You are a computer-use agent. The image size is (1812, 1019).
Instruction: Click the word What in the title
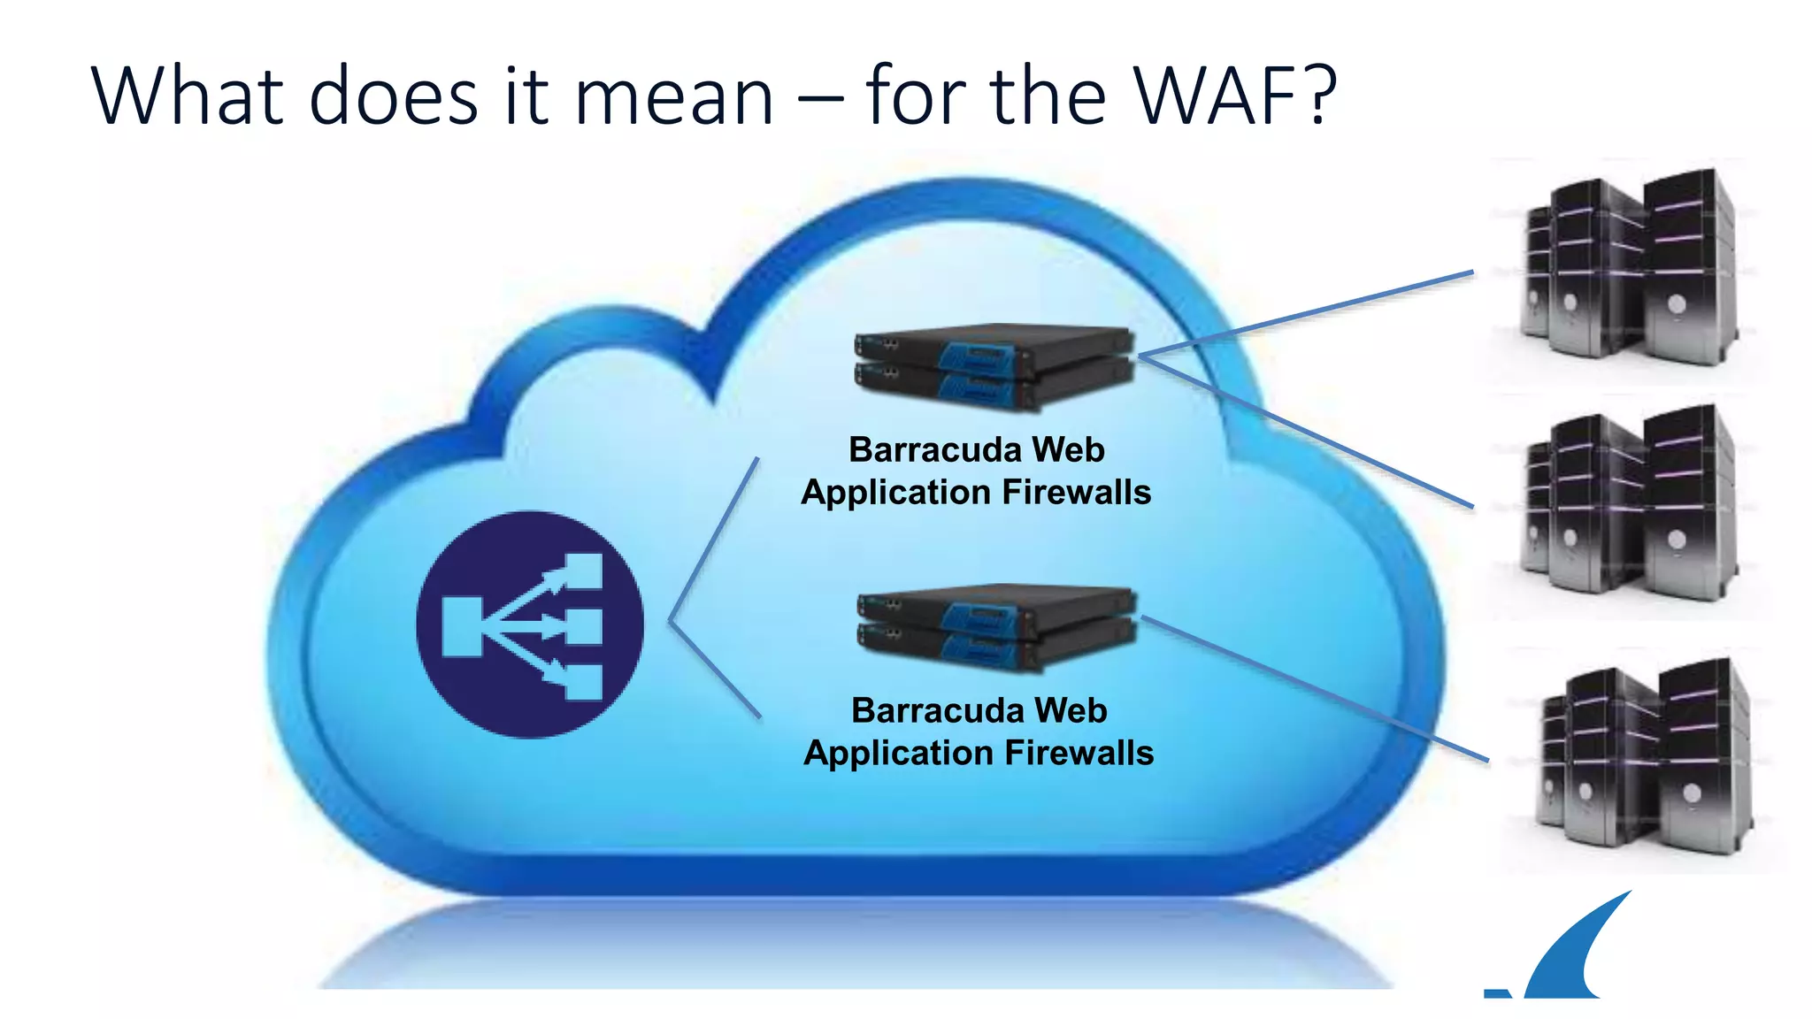187,96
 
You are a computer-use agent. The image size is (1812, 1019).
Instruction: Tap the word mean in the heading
674,99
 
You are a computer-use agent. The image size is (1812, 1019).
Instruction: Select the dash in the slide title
819,101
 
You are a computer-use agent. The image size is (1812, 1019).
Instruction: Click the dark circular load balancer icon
530,624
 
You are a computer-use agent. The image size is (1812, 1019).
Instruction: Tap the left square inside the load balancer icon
462,626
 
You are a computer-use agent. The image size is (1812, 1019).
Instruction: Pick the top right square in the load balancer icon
584,570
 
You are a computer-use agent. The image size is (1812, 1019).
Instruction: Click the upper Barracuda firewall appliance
993,366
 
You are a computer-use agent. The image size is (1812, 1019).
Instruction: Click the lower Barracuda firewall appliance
995,626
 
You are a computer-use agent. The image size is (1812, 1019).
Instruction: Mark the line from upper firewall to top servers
1309,313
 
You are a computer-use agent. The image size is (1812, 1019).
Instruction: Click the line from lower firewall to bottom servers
1318,688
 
